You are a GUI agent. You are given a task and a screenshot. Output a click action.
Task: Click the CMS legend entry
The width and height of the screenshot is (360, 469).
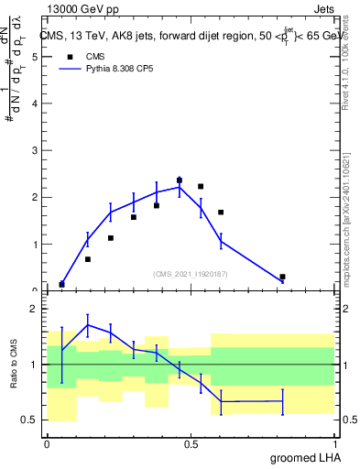95,56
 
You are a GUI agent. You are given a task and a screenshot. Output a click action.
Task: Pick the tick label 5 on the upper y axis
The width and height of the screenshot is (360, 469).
34,57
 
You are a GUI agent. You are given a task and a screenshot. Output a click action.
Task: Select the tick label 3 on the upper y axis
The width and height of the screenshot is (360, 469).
34,151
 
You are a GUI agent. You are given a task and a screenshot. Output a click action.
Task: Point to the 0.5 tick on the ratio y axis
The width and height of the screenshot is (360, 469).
30,420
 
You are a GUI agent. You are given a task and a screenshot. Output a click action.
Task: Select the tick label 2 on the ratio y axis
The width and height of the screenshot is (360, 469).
34,309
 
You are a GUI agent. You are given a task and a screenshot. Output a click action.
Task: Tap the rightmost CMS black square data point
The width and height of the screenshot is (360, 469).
282,277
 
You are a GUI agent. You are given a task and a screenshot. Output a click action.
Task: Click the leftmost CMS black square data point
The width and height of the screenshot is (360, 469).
61,284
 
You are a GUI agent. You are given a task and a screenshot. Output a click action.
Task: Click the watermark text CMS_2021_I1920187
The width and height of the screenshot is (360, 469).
190,273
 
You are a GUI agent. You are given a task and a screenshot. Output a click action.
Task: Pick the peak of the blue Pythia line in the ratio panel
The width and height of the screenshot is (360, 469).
88,324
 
